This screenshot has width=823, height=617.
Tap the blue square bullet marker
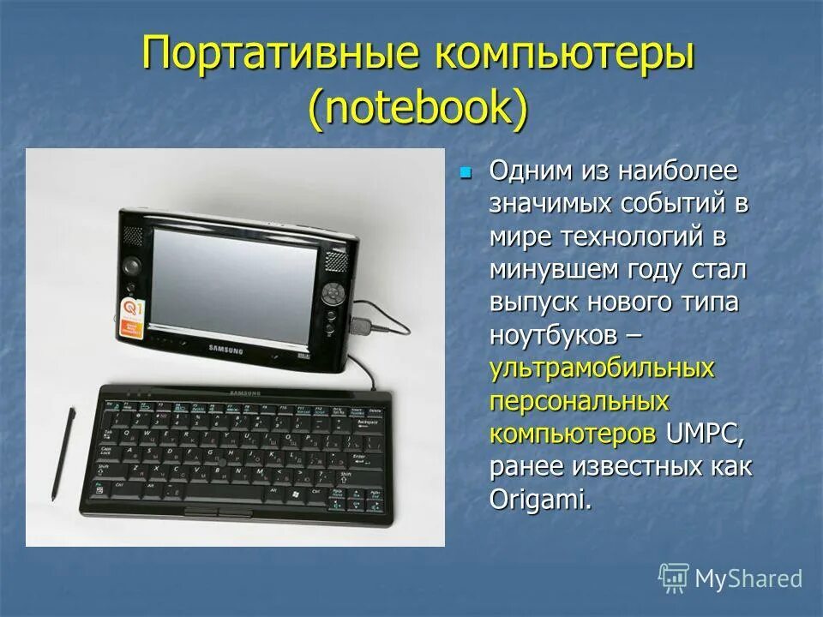coord(466,172)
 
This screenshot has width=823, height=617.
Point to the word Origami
coord(541,499)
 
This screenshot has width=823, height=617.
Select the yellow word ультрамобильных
coord(602,368)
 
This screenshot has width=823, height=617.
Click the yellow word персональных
coord(580,400)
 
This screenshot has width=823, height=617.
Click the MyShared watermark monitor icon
coord(674,578)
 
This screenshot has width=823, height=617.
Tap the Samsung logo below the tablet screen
coord(225,350)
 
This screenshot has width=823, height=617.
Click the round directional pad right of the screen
coord(333,293)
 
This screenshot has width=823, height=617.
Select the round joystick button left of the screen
coord(129,266)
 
